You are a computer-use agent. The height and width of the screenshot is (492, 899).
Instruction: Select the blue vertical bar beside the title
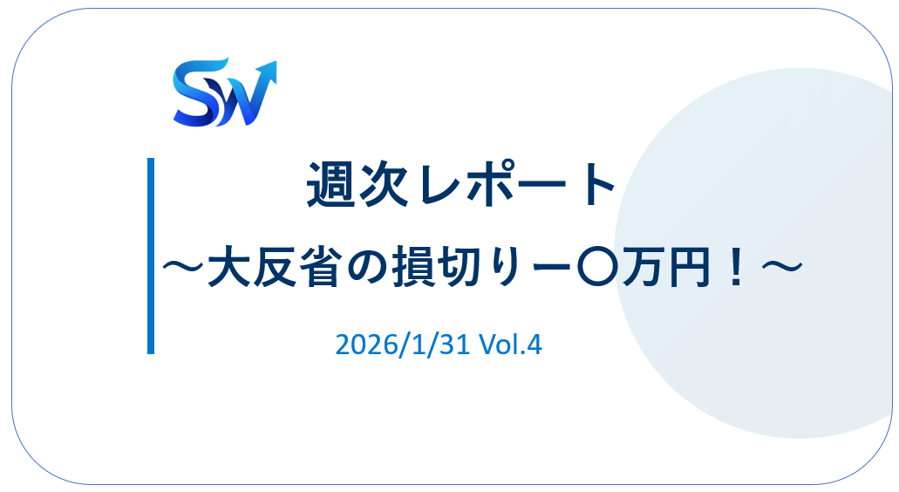tap(151, 256)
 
